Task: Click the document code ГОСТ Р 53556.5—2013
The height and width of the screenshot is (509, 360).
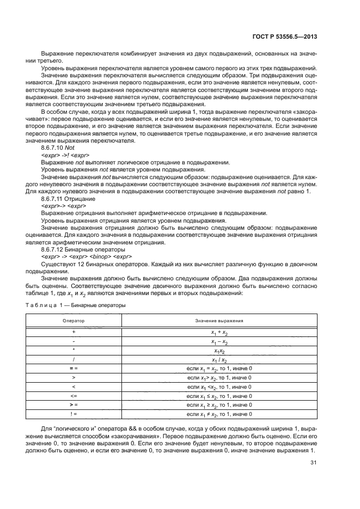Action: (x=292, y=37)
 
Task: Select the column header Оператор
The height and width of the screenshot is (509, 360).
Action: (x=73, y=321)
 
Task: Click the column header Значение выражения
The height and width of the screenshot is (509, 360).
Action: (x=219, y=321)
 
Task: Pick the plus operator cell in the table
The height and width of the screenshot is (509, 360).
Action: (x=73, y=332)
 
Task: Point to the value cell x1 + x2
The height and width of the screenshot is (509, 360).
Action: (x=219, y=332)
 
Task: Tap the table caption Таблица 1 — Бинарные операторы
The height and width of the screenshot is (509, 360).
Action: (x=76, y=305)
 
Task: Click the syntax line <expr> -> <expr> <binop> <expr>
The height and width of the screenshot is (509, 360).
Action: (x=86, y=256)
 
